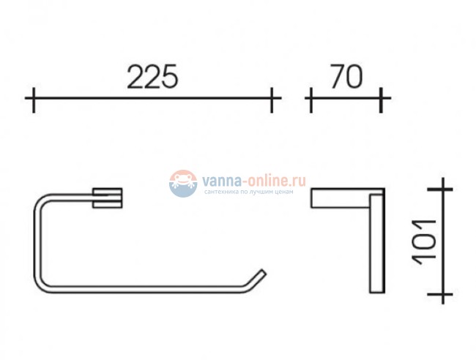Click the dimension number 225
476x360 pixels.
tap(152, 77)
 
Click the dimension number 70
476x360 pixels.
tap(345, 77)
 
